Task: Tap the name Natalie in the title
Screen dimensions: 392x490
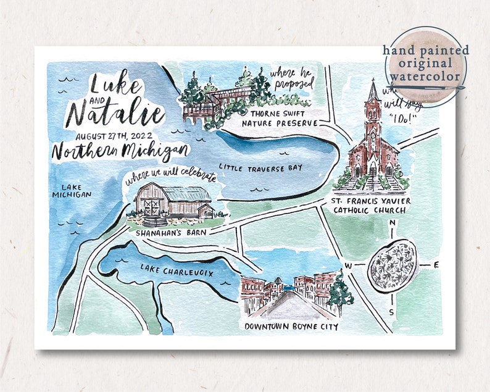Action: pyautogui.click(x=115, y=114)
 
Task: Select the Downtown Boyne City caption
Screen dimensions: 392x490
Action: pyautogui.click(x=291, y=327)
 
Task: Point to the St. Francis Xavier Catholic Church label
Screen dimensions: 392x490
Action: pyautogui.click(x=370, y=206)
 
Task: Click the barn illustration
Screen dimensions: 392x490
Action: pyautogui.click(x=173, y=201)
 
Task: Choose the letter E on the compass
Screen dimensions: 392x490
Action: pyautogui.click(x=436, y=265)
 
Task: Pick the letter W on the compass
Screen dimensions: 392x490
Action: pyautogui.click(x=348, y=266)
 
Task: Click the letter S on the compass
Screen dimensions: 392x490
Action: pyautogui.click(x=391, y=312)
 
